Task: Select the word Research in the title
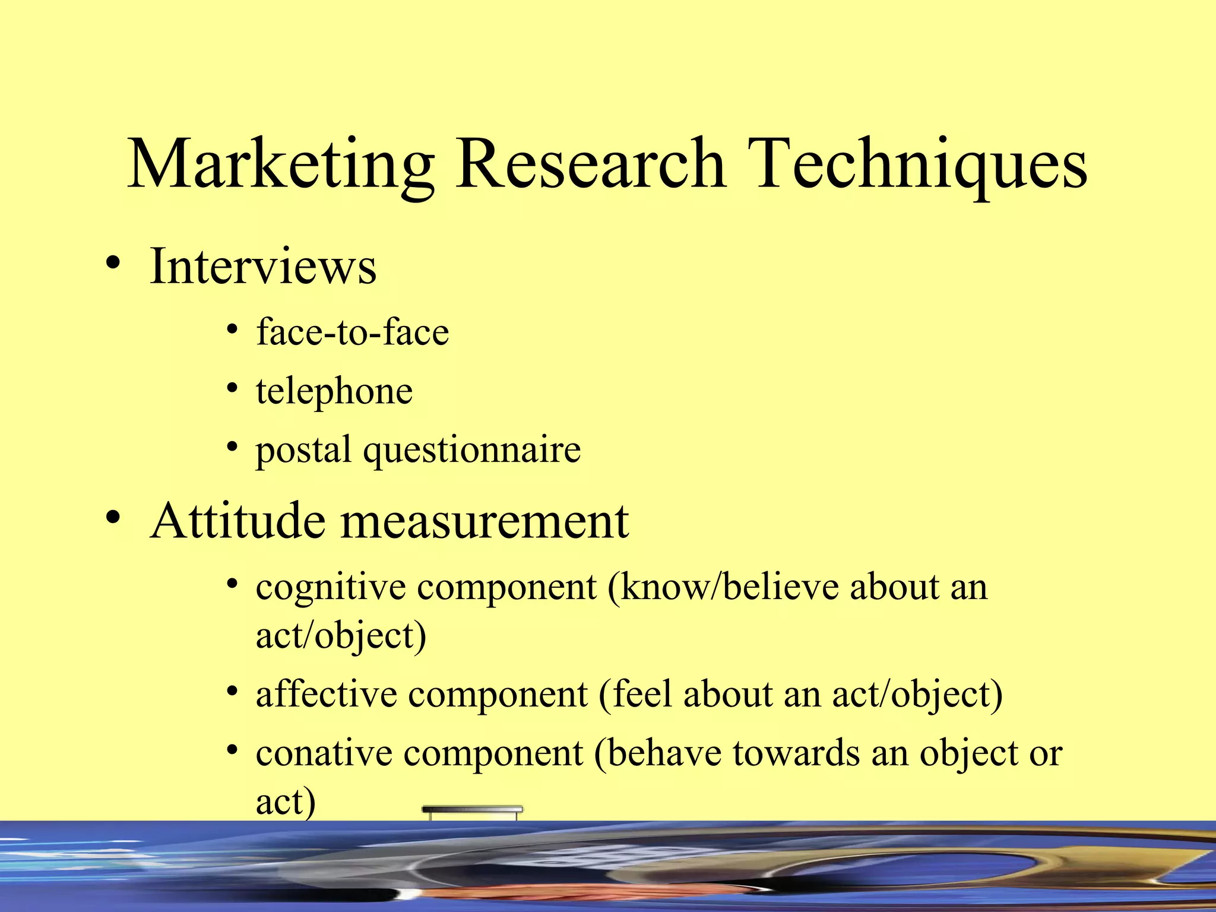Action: (590, 163)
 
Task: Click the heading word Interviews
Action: (263, 267)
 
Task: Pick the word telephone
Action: (334, 392)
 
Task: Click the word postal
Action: (303, 450)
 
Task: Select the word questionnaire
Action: (472, 450)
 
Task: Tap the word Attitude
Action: (238, 521)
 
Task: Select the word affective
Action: (326, 694)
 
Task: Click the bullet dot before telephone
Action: (232, 388)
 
